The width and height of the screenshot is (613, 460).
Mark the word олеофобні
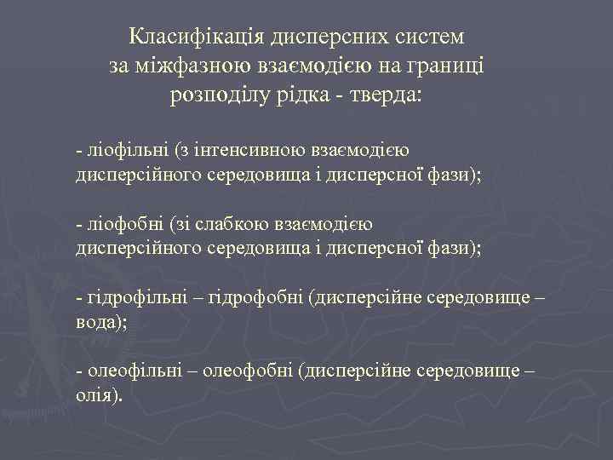253,372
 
